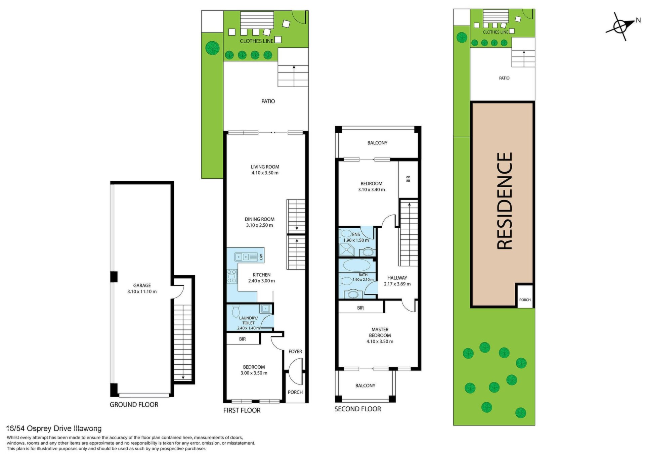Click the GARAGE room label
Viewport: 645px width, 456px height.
tap(142, 285)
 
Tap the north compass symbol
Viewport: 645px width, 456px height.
tap(620, 26)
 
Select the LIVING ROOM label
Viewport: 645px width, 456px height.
tap(265, 167)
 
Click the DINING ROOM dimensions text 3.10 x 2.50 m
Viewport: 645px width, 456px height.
tap(259, 225)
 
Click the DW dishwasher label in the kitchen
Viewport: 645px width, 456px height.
tap(261, 257)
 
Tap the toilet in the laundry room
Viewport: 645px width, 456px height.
tap(235, 311)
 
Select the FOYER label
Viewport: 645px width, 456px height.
tap(295, 352)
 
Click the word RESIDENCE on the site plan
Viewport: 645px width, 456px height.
tap(504, 201)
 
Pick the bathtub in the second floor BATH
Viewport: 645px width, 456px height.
tap(357, 265)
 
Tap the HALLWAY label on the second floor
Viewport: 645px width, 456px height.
tap(397, 278)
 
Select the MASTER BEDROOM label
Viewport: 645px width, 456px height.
tap(380, 332)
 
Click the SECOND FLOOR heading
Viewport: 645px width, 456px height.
tap(358, 409)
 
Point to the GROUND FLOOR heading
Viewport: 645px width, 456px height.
tap(134, 405)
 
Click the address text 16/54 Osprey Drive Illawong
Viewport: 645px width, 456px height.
tap(54, 428)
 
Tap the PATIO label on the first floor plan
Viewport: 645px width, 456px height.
tap(268, 101)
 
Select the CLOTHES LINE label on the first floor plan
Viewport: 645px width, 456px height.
tap(257, 41)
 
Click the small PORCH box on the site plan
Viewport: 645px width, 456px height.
tap(525, 295)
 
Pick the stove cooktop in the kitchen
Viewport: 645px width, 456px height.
tap(232, 276)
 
